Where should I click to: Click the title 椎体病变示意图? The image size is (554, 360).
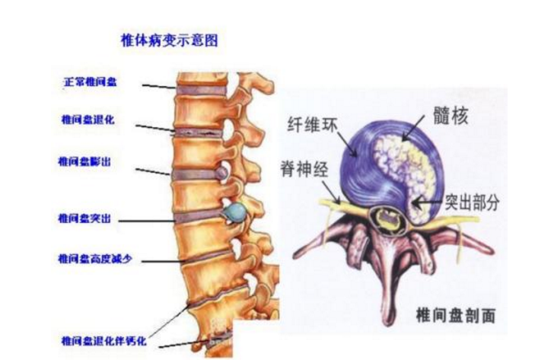pos(170,40)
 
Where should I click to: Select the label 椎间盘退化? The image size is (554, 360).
pos(87,120)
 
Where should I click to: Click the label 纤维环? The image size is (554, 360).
pos(310,125)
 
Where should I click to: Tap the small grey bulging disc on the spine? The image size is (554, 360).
pos(221,174)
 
